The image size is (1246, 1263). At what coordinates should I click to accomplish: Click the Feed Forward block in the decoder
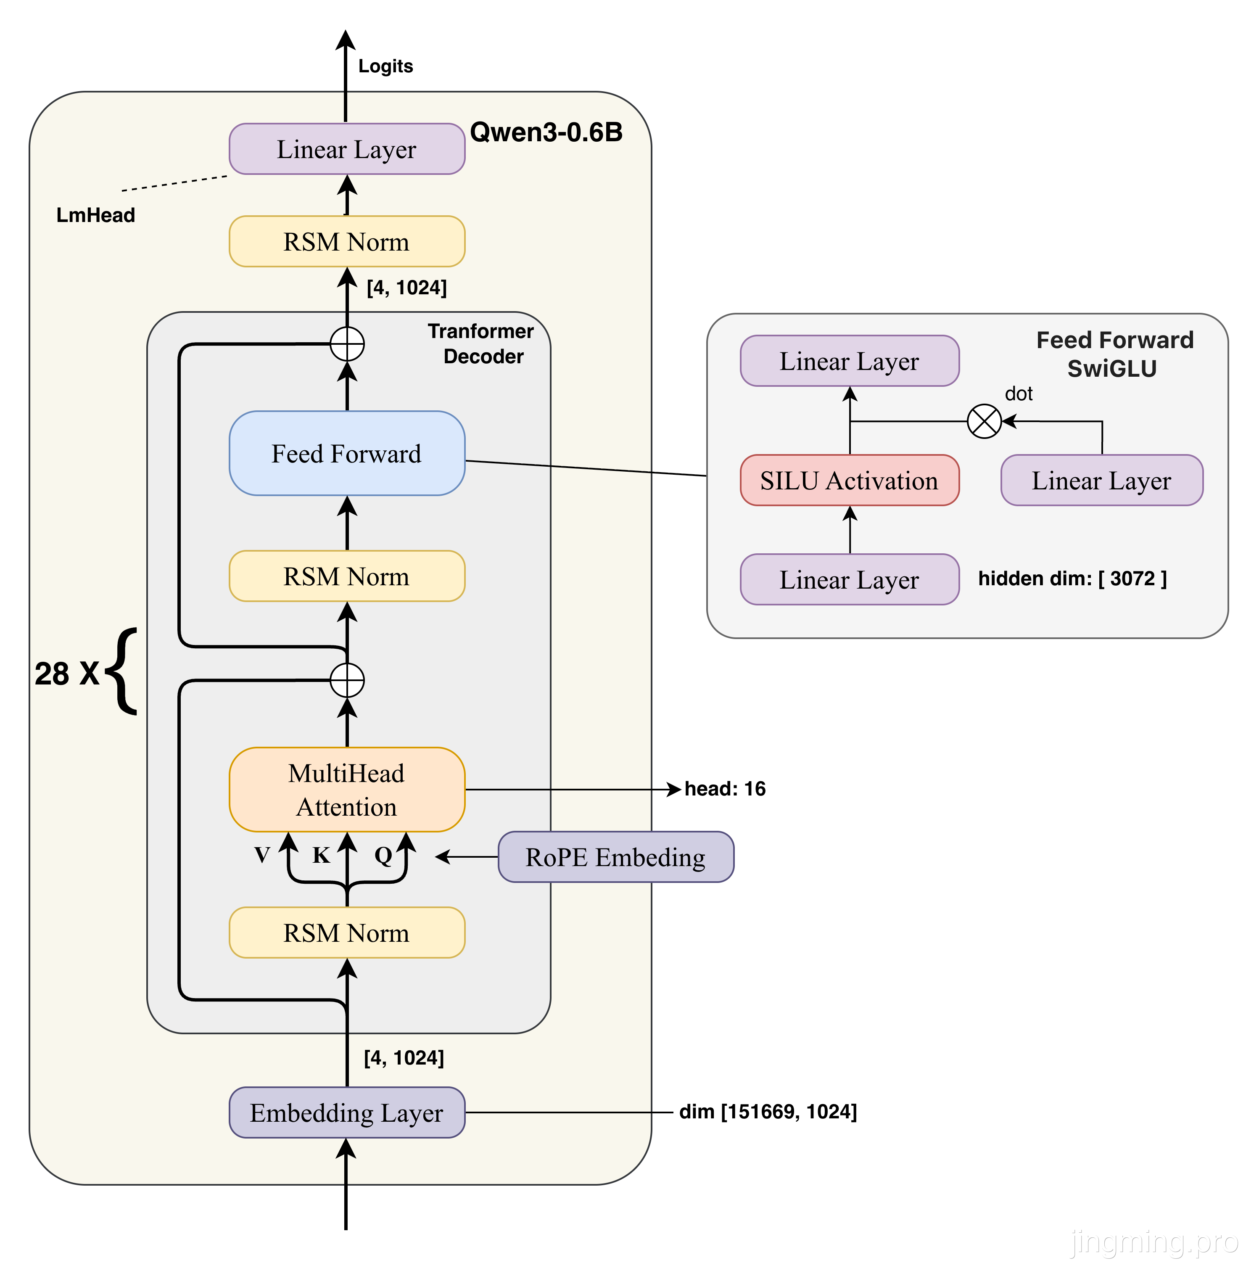346,453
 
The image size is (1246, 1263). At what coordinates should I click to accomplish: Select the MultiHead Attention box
346,789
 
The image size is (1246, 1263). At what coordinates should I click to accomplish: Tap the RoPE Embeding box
615,856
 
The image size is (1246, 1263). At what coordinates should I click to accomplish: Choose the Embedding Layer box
346,1112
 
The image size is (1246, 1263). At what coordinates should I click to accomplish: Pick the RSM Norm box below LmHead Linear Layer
346,241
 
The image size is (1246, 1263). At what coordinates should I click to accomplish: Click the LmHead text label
95,215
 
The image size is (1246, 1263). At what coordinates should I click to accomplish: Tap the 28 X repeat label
67,674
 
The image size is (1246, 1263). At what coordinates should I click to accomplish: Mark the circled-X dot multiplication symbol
984,421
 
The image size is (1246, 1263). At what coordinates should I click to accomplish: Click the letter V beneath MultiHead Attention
262,855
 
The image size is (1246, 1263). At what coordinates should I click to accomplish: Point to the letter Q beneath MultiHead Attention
383,855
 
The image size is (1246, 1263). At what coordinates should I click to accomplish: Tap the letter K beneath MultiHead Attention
321,855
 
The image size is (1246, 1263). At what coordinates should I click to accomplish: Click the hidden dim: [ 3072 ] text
1072,579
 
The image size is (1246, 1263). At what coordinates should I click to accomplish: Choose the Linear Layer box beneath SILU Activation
849,579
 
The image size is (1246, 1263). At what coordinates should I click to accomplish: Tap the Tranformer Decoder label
482,344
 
